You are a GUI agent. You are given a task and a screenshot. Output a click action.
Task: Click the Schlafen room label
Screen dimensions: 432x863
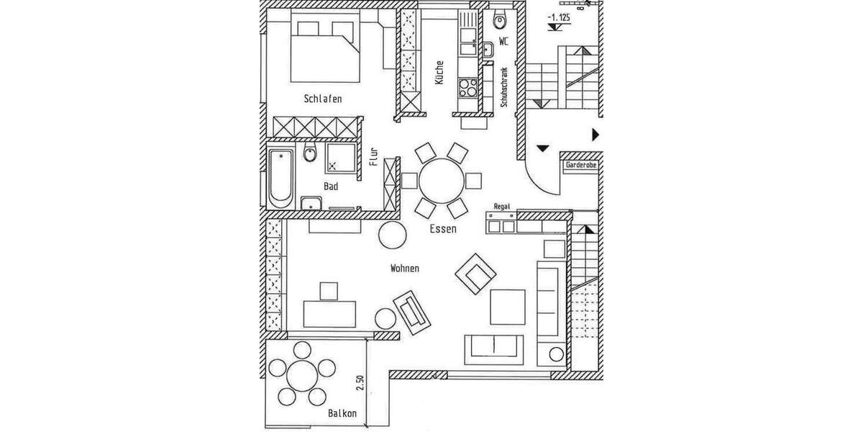(322, 99)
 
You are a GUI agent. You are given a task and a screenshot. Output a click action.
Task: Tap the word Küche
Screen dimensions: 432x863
(439, 73)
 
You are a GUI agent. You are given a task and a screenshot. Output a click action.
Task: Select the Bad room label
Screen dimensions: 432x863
(331, 186)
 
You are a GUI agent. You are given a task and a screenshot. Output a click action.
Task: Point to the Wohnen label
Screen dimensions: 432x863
(405, 269)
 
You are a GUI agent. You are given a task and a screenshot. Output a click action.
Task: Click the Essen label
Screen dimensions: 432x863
(443, 229)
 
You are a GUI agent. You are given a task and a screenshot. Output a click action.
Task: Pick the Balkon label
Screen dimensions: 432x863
(342, 414)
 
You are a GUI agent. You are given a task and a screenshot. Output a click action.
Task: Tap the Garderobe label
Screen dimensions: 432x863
(581, 165)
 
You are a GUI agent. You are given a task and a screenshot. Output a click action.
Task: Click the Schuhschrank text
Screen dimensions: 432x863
(505, 87)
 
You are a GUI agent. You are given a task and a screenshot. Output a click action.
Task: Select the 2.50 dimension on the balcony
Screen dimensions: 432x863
(360, 383)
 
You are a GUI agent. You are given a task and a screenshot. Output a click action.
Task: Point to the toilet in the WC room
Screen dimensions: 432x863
(501, 20)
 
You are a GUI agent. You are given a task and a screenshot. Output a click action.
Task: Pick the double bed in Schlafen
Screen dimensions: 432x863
(325, 52)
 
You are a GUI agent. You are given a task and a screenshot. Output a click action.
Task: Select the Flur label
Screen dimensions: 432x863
(373, 157)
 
